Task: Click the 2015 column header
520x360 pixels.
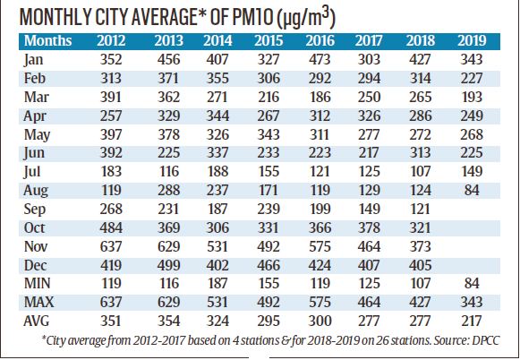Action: click(x=269, y=41)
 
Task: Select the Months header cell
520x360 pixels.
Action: click(x=47, y=41)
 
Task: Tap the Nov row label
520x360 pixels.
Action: click(x=36, y=246)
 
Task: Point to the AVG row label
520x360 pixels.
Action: click(x=37, y=321)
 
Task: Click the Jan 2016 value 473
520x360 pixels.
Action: click(x=320, y=59)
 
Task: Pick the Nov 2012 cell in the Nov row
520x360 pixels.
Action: click(x=111, y=246)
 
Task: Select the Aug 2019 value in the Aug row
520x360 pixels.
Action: click(x=472, y=190)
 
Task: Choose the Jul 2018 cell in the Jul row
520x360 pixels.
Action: click(x=420, y=172)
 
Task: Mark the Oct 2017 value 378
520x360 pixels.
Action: click(x=369, y=228)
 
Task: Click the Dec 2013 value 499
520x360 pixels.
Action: click(x=169, y=265)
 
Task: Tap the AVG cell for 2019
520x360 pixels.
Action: click(x=472, y=321)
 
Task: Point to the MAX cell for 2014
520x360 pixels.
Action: click(x=217, y=303)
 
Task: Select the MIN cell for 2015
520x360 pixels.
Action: click(x=269, y=284)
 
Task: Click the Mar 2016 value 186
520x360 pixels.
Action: click(x=320, y=97)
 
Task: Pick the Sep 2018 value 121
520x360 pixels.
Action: click(x=420, y=209)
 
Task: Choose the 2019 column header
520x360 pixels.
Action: click(x=472, y=41)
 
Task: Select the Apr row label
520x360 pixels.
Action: click(x=35, y=116)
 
